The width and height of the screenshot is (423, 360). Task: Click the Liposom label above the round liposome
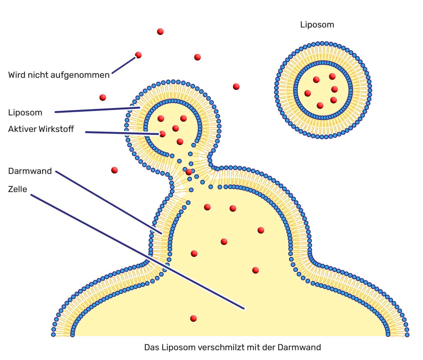pyautogui.click(x=317, y=25)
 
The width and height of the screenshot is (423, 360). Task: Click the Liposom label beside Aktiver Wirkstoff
pyautogui.click(x=25, y=113)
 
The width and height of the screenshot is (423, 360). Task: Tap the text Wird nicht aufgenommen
pyautogui.click(x=59, y=75)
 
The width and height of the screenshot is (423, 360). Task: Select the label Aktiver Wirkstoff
pyautogui.click(x=41, y=129)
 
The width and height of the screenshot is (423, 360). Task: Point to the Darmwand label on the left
pyautogui.click(x=30, y=171)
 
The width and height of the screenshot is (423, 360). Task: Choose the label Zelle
pyautogui.click(x=18, y=189)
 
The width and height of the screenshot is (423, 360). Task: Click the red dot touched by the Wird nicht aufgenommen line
pyautogui.click(x=138, y=55)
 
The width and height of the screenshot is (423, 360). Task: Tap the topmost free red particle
pyautogui.click(x=160, y=31)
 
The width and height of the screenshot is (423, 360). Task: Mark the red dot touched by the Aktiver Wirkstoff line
pyautogui.click(x=162, y=134)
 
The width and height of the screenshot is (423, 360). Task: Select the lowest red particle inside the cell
pyautogui.click(x=194, y=319)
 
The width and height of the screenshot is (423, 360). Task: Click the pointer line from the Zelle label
pyautogui.click(x=137, y=252)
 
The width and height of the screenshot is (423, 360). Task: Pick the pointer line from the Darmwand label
pyautogui.click(x=109, y=202)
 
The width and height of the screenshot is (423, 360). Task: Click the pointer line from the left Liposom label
pyautogui.click(x=97, y=109)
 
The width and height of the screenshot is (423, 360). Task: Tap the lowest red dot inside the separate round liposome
pyautogui.click(x=320, y=106)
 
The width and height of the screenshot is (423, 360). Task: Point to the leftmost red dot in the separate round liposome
pyautogui.click(x=308, y=93)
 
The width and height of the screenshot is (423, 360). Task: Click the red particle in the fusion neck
pyautogui.click(x=189, y=172)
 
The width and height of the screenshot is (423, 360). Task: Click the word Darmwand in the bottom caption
pyautogui.click(x=299, y=347)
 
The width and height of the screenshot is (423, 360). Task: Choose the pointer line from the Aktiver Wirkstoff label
pyautogui.click(x=122, y=133)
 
